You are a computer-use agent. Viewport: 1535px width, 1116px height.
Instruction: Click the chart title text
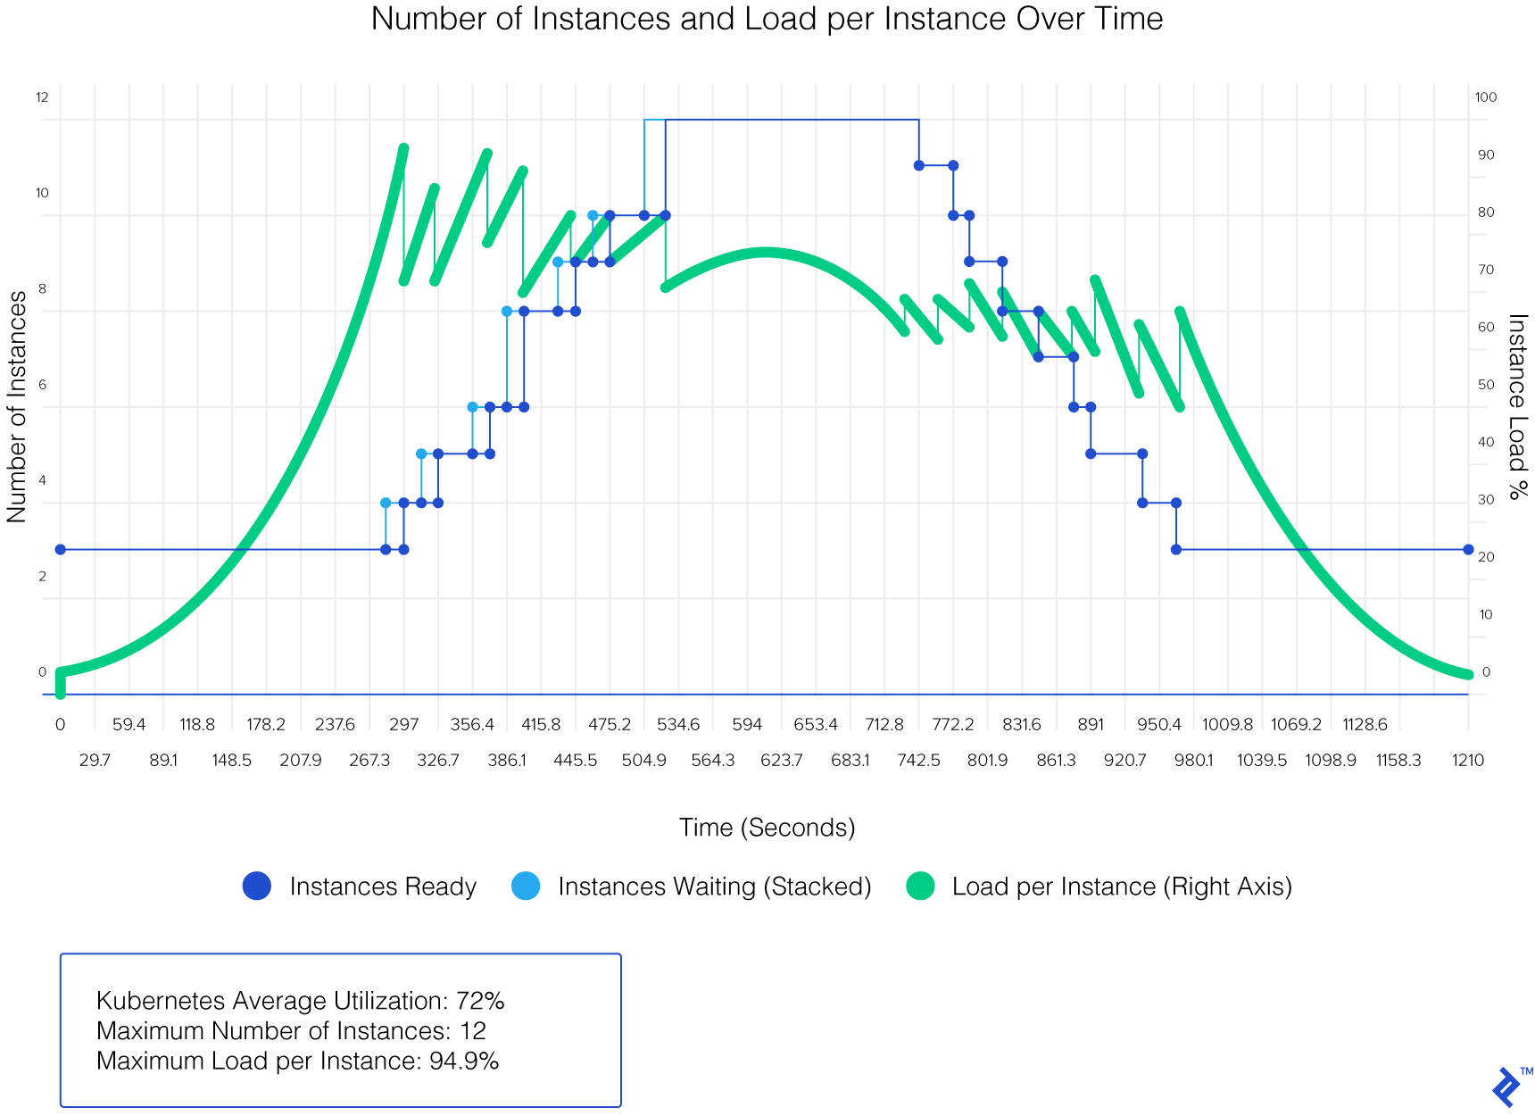pyautogui.click(x=767, y=19)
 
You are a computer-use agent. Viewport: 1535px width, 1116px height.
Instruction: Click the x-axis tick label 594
pyautogui.click(x=747, y=724)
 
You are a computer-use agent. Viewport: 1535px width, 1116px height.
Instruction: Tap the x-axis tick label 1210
pyautogui.click(x=1467, y=761)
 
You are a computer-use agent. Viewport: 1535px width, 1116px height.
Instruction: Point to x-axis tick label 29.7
pyautogui.click(x=95, y=761)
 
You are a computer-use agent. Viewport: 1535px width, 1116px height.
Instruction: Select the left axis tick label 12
pyautogui.click(x=42, y=97)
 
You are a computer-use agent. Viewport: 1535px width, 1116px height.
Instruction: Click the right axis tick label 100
pyautogui.click(x=1486, y=97)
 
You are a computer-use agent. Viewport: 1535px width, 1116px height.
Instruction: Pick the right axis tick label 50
pyautogui.click(x=1486, y=385)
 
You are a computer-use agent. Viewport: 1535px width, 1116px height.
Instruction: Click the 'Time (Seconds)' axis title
pyautogui.click(x=767, y=828)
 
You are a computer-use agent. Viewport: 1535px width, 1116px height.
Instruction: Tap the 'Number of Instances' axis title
pyautogui.click(x=18, y=407)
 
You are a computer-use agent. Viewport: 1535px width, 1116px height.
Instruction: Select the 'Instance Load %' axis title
pyautogui.click(x=1517, y=407)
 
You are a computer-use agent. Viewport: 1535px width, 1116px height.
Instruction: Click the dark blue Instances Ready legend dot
pyautogui.click(x=257, y=886)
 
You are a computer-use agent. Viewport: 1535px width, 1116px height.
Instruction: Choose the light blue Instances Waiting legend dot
pyautogui.click(x=526, y=886)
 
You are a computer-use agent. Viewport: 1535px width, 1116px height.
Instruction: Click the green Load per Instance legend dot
pyautogui.click(x=919, y=886)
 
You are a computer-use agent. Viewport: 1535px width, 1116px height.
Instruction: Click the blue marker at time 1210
pyautogui.click(x=1468, y=549)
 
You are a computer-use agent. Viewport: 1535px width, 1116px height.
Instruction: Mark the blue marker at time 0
pyautogui.click(x=61, y=549)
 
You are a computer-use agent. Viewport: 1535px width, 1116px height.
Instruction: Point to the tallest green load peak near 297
pyautogui.click(x=403, y=148)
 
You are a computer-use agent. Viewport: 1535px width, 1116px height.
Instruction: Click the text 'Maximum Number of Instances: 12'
pyautogui.click(x=291, y=1031)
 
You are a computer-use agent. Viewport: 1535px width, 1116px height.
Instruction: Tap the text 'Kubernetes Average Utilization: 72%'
pyautogui.click(x=300, y=1001)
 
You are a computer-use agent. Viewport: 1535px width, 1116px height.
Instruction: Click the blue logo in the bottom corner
pyautogui.click(x=1506, y=1087)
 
